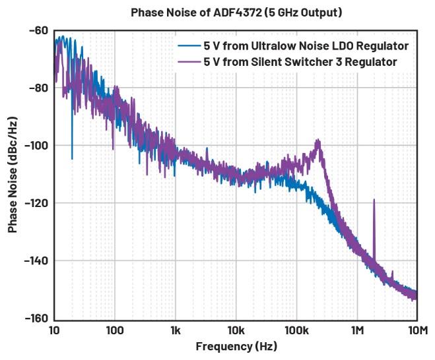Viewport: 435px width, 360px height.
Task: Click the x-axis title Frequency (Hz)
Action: [x=236, y=346]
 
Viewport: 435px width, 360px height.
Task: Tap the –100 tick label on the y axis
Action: [x=34, y=145]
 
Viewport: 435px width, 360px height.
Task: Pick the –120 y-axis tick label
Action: [x=34, y=203]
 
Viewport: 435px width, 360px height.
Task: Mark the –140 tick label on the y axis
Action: [x=34, y=260]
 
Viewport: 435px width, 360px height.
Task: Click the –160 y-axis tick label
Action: [x=34, y=318]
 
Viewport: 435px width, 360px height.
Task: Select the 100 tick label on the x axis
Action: [x=115, y=330]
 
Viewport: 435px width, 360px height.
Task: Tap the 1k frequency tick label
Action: [x=176, y=330]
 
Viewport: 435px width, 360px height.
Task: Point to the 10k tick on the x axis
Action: [x=236, y=330]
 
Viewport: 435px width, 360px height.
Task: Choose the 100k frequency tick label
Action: [x=296, y=330]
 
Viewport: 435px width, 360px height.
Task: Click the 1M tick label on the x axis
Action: [x=357, y=330]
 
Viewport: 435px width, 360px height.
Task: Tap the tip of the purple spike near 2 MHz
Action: [x=374, y=199]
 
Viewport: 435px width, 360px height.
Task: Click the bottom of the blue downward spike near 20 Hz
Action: [x=72, y=159]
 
